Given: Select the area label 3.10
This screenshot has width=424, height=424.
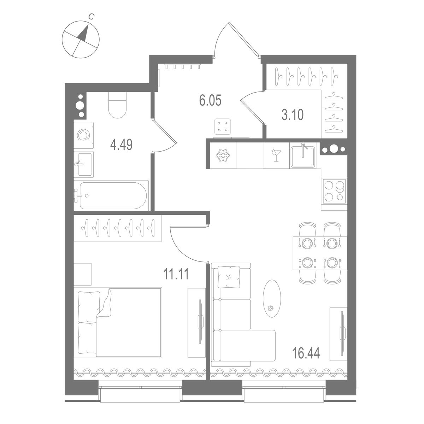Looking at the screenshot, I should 292,115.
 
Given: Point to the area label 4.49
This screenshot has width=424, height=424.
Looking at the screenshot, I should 121,145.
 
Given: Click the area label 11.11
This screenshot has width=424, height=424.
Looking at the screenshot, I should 176,273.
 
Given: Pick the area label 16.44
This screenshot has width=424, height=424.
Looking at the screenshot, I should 306,353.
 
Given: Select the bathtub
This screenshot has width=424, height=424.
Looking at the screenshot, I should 111,195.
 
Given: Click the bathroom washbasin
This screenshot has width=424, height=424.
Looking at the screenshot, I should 84,164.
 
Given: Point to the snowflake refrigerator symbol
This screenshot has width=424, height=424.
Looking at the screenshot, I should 222,156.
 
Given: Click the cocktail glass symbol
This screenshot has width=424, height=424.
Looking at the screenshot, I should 276,155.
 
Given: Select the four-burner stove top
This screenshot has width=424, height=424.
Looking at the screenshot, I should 334,191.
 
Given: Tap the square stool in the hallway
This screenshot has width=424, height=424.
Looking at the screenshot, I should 223,126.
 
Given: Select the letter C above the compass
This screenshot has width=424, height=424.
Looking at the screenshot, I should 91,16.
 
